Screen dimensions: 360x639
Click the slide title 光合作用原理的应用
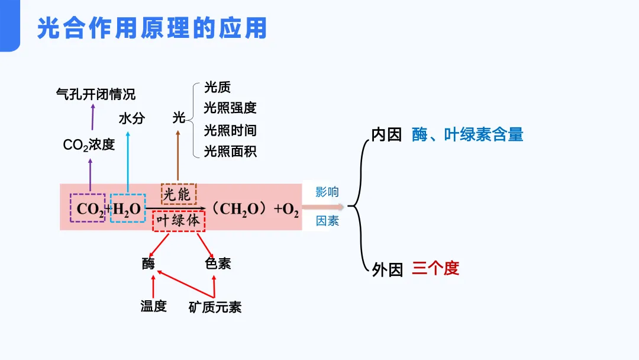point(152,28)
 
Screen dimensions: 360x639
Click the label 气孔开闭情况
point(95,94)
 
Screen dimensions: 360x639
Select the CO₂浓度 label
point(89,144)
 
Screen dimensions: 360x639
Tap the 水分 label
point(131,118)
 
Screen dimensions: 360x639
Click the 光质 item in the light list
point(217,88)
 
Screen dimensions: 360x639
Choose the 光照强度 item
point(230,108)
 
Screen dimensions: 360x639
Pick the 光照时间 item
point(230,130)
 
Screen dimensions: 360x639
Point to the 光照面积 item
point(230,151)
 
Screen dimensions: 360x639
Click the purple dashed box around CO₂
point(88,208)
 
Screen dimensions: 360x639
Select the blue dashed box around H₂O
point(127,208)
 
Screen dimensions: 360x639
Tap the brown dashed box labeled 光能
point(178,194)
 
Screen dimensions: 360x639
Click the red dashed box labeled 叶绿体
point(179,221)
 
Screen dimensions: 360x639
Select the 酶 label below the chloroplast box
point(149,263)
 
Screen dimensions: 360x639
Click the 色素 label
point(218,263)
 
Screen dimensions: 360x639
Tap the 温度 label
point(153,306)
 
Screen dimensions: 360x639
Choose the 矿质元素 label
point(215,307)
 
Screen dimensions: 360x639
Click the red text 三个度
point(435,268)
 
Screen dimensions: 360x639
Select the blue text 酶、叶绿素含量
point(467,135)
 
